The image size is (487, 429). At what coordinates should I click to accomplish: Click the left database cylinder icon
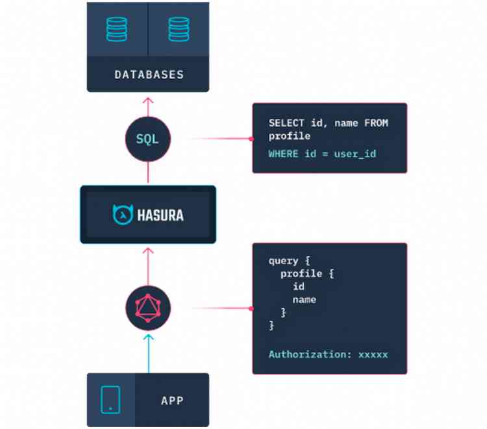(118, 29)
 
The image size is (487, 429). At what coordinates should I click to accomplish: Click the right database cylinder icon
(179, 29)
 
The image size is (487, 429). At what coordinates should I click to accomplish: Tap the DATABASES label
(149, 75)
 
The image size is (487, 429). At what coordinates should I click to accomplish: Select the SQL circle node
(147, 139)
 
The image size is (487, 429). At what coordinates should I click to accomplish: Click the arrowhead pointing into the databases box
(148, 100)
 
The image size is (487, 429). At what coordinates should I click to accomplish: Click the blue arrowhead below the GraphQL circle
(148, 337)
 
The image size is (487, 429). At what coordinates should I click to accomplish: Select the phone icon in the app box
(111, 400)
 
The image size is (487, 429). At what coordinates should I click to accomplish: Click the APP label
(172, 400)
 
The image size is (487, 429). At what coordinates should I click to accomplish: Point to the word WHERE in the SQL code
(282, 154)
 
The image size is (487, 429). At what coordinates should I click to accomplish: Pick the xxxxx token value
(373, 354)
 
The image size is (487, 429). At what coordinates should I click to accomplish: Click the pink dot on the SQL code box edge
(251, 139)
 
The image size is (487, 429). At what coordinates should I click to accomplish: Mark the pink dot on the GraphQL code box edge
(251, 308)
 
